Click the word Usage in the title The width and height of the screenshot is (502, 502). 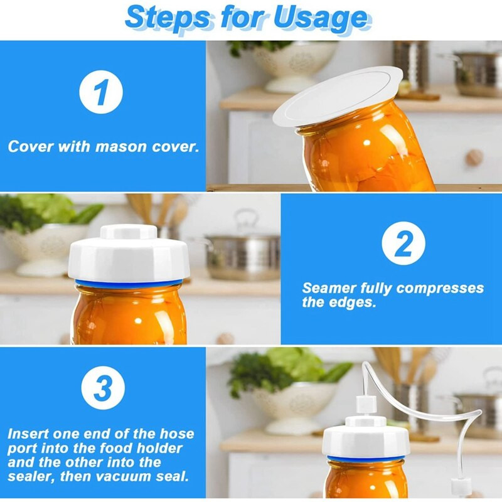tap(322, 18)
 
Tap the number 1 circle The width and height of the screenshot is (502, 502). tap(101, 92)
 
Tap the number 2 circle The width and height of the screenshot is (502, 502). tap(403, 243)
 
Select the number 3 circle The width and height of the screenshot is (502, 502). tap(103, 388)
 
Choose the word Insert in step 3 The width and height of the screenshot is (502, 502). tap(28, 434)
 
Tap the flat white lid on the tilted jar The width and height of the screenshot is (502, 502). tap(338, 95)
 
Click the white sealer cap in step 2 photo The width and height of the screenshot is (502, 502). tap(129, 253)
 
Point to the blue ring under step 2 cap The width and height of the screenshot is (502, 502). tap(129, 283)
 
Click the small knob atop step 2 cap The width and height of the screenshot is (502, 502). tap(129, 232)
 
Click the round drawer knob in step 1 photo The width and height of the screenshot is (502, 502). tap(474, 158)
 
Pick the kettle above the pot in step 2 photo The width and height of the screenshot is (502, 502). tap(247, 222)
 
